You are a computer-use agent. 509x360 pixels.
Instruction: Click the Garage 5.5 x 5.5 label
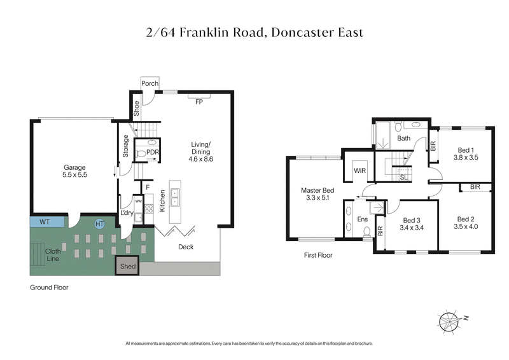74,171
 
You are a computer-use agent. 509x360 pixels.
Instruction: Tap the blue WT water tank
46,223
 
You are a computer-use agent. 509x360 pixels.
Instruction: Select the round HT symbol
99,224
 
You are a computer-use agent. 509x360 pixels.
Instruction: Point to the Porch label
150,83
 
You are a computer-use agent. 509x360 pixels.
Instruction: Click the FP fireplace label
199,102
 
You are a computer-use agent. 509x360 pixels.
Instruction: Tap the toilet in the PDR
143,153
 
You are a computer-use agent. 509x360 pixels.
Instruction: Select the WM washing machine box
139,202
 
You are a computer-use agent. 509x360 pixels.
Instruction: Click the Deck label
185,247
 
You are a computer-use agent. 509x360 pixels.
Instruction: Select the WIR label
358,171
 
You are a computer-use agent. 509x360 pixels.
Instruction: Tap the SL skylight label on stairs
403,177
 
